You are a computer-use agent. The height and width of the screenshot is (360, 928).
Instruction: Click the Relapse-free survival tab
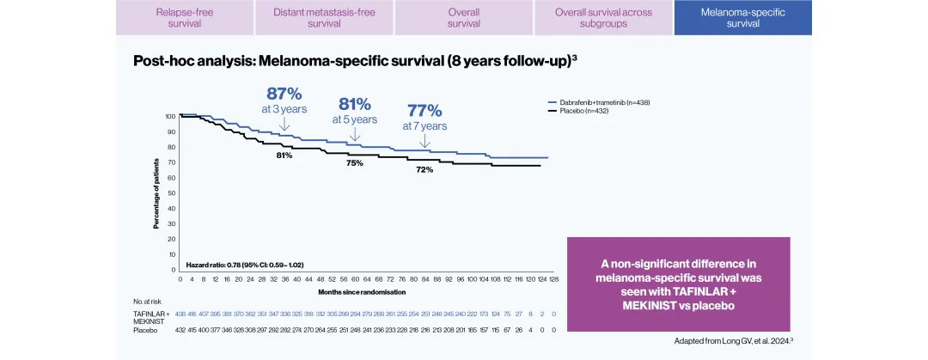tap(184, 18)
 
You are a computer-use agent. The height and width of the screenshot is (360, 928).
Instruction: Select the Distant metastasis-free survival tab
tap(324, 18)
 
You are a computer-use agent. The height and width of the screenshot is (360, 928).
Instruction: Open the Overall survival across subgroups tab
tap(603, 18)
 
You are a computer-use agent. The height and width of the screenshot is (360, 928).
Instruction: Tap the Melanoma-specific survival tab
tap(742, 18)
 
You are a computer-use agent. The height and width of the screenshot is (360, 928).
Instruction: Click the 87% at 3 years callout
tap(284, 101)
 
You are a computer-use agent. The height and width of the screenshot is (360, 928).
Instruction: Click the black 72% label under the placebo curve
tap(424, 170)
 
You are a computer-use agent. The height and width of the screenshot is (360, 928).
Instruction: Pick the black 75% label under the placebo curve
tap(354, 162)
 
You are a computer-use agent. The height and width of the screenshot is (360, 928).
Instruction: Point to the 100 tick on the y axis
tap(170, 116)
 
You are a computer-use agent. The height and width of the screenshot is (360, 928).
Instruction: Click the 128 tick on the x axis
tap(553, 279)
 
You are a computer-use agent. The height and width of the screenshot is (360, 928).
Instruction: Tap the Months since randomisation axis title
tap(365, 292)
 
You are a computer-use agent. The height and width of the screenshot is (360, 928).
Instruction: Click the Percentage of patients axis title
tap(156, 192)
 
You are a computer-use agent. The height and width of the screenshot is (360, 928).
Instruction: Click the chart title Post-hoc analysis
tap(360, 61)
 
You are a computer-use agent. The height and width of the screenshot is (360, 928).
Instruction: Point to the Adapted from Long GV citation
tap(733, 340)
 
